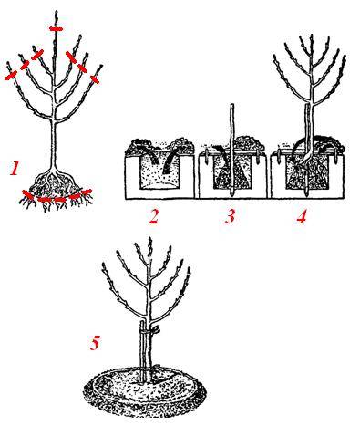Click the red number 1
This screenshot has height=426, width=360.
pyautogui.click(x=15, y=169)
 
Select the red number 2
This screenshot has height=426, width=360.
pyautogui.click(x=154, y=216)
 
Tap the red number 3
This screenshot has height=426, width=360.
pyautogui.click(x=230, y=216)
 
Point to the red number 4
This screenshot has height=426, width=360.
pyautogui.click(x=302, y=216)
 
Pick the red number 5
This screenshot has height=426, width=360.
pyautogui.click(x=95, y=343)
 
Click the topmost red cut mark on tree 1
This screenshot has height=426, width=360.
pyautogui.click(x=57, y=29)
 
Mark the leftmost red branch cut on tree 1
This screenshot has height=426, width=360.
pyautogui.click(x=11, y=76)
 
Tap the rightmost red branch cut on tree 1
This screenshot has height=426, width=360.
pyautogui.click(x=95, y=79)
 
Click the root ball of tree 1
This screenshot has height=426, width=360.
pyautogui.click(x=56, y=184)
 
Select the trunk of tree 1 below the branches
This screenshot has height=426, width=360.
pyautogui.click(x=55, y=146)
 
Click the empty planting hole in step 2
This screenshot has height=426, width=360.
pyautogui.click(x=159, y=171)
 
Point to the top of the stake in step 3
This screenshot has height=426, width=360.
pyautogui.click(x=231, y=105)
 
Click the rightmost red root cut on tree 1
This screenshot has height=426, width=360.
pyautogui.click(x=86, y=192)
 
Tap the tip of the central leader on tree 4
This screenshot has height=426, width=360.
pyautogui.click(x=312, y=36)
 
